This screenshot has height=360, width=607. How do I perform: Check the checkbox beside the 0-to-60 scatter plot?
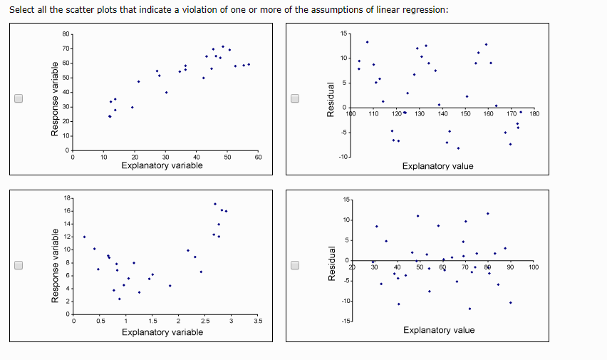[x=19, y=99]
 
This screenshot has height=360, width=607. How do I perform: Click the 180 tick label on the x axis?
[x=535, y=113]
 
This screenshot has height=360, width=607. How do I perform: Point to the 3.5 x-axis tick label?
[x=257, y=322]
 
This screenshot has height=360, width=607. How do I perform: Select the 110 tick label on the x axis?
[x=373, y=113]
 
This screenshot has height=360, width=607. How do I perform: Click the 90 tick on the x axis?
[x=511, y=267]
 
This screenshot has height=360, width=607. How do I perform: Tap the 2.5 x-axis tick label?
[x=204, y=322]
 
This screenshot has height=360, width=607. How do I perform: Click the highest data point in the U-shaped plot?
[x=215, y=204]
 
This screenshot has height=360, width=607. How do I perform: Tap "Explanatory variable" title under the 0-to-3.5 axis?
[x=162, y=332]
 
